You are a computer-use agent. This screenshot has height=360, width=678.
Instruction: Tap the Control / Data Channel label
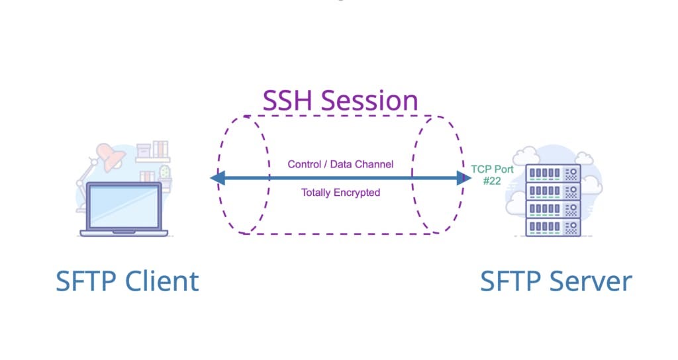coord(340,163)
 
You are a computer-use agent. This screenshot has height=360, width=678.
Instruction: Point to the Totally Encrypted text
coord(340,193)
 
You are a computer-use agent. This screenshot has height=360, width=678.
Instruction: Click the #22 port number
coord(492,180)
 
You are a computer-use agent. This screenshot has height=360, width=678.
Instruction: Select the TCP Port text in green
coord(492,169)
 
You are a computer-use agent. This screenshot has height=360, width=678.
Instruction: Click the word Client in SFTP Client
coord(162,281)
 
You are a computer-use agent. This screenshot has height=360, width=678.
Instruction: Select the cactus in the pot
coord(164,173)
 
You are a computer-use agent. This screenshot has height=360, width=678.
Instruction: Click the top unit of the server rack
coord(552,173)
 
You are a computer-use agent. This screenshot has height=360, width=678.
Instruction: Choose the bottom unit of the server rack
coord(552,227)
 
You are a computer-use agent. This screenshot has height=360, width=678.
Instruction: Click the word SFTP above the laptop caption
coord(86,281)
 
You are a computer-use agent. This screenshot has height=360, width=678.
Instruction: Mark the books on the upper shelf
coord(160,148)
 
